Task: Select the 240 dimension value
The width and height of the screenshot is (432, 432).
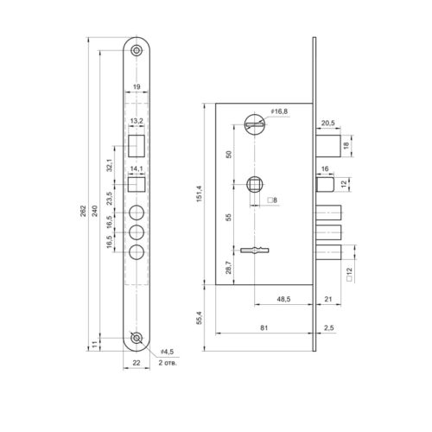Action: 95,211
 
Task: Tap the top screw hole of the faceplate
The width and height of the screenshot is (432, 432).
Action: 137,51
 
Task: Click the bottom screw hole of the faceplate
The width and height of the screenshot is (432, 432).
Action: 137,338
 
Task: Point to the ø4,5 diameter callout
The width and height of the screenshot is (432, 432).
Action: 168,352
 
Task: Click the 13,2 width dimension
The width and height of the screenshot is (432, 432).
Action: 137,121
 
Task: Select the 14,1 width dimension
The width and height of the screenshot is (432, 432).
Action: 137,168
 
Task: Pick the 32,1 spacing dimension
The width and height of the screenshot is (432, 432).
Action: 110,165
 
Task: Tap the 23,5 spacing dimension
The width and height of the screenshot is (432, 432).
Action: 110,198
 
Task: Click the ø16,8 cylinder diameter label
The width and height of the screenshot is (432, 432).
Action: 279,111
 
